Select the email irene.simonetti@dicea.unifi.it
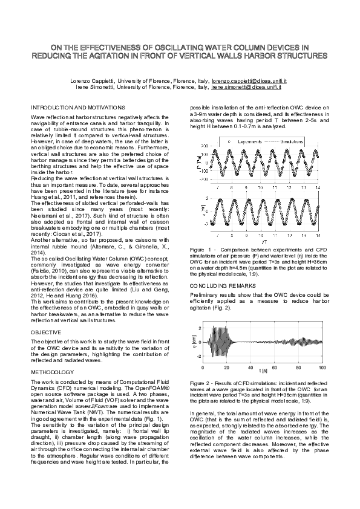point(247,86)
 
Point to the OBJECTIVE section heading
point(45,332)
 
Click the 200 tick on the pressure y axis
point(204,146)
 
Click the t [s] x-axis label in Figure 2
point(263,369)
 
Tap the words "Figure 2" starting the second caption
point(201,383)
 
